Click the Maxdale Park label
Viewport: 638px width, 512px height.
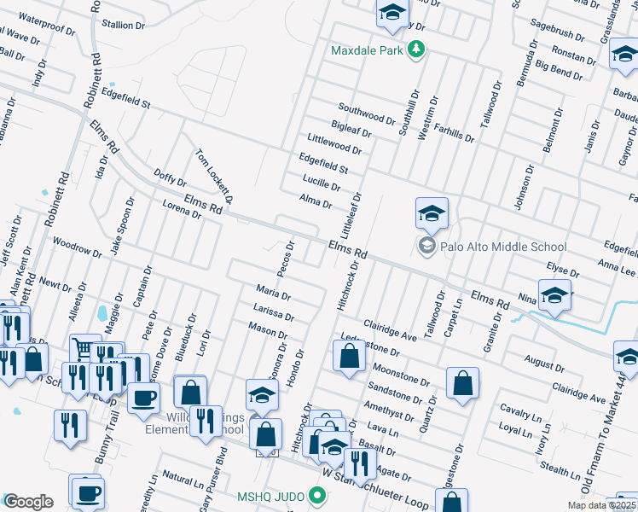(x=367, y=50)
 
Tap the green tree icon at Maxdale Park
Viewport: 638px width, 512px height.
(x=416, y=50)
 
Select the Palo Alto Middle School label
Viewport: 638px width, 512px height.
(x=502, y=247)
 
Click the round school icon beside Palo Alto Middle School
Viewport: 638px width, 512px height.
(x=426, y=247)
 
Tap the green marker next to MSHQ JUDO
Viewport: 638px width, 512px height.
(x=317, y=495)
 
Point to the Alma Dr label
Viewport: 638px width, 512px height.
(x=316, y=201)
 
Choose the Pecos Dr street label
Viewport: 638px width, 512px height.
(x=289, y=253)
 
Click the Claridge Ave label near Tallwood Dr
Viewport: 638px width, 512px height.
(x=389, y=331)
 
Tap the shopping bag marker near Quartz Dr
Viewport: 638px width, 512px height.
(x=461, y=383)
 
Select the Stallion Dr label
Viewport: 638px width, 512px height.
(x=123, y=25)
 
